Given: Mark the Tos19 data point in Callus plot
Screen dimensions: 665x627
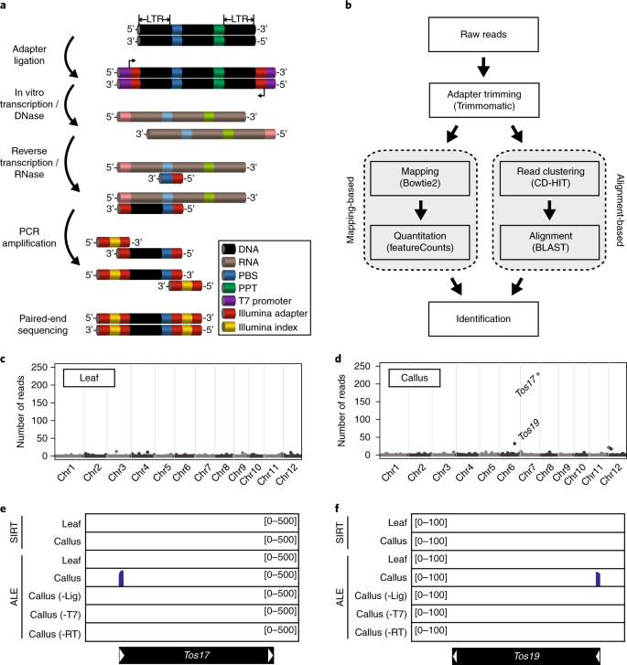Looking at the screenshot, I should click(x=514, y=444).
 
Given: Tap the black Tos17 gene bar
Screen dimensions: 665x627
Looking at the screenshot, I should click(x=196, y=655).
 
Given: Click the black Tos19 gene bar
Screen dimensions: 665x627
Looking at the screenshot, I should click(x=529, y=655).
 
